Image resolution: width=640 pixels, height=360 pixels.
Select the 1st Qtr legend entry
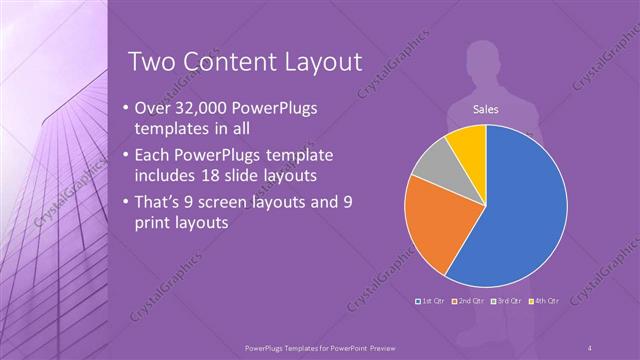click(431, 300)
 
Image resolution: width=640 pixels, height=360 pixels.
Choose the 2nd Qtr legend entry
click(469, 300)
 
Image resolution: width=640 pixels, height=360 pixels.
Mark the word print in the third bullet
click(153, 222)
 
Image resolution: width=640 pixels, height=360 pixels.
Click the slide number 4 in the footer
click(590, 347)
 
